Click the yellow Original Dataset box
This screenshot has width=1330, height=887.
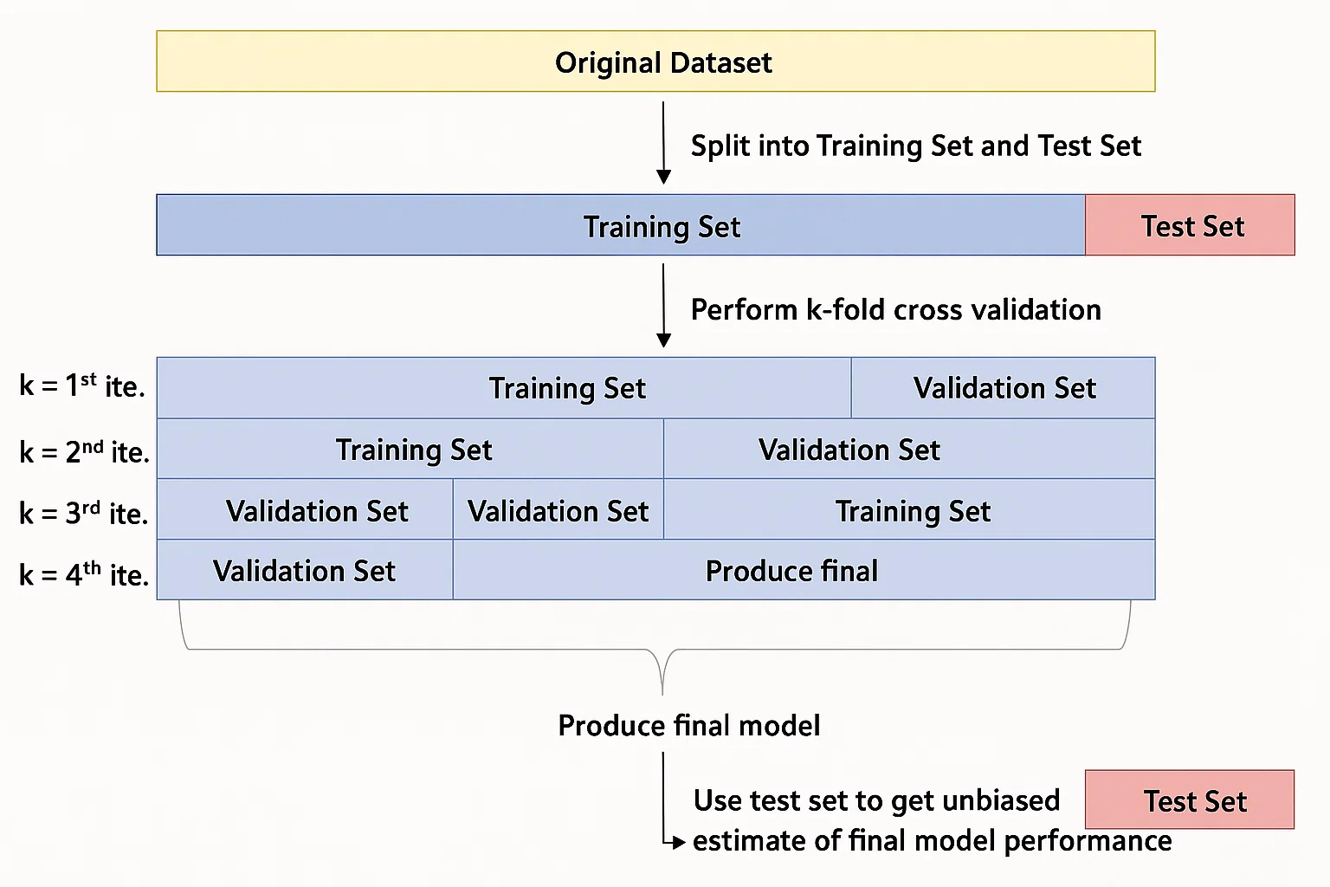click(x=655, y=62)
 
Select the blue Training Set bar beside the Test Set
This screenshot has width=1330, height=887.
click(x=620, y=225)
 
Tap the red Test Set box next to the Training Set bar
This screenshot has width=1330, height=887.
click(x=1190, y=225)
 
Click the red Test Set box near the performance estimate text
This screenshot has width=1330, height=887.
click(x=1189, y=800)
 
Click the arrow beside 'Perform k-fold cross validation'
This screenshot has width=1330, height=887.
click(x=663, y=305)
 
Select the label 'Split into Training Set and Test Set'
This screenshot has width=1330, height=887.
click(x=915, y=146)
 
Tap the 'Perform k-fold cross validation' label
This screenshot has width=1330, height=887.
click(x=895, y=309)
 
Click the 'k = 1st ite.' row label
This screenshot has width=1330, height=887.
click(x=82, y=386)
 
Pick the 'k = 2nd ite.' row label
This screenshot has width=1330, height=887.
click(x=84, y=451)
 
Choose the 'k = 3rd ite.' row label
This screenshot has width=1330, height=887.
click(x=84, y=513)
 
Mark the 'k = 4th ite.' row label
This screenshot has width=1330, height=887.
click(x=84, y=574)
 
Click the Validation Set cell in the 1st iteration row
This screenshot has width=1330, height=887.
click(x=1003, y=388)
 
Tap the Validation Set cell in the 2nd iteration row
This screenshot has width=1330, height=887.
click(x=909, y=450)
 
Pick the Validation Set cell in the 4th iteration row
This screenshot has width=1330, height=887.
click(x=305, y=571)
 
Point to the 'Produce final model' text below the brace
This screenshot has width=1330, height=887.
click(x=688, y=725)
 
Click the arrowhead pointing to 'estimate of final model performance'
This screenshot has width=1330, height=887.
click(x=679, y=841)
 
